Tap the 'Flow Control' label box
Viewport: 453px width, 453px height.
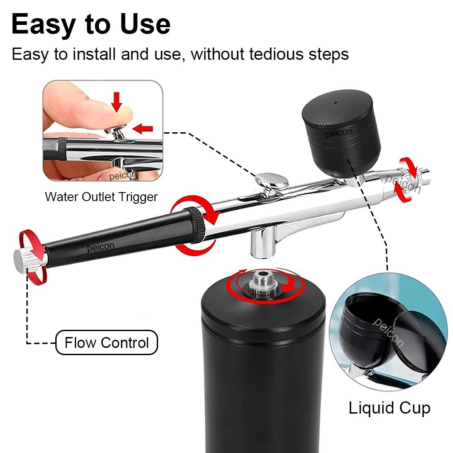(106, 342)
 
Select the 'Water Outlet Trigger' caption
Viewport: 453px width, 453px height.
(101, 197)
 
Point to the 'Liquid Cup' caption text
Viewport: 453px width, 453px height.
(389, 408)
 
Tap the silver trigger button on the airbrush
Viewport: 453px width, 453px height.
(272, 181)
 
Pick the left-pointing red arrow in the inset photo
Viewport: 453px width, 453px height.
(144, 129)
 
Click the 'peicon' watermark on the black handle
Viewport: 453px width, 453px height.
(101, 247)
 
